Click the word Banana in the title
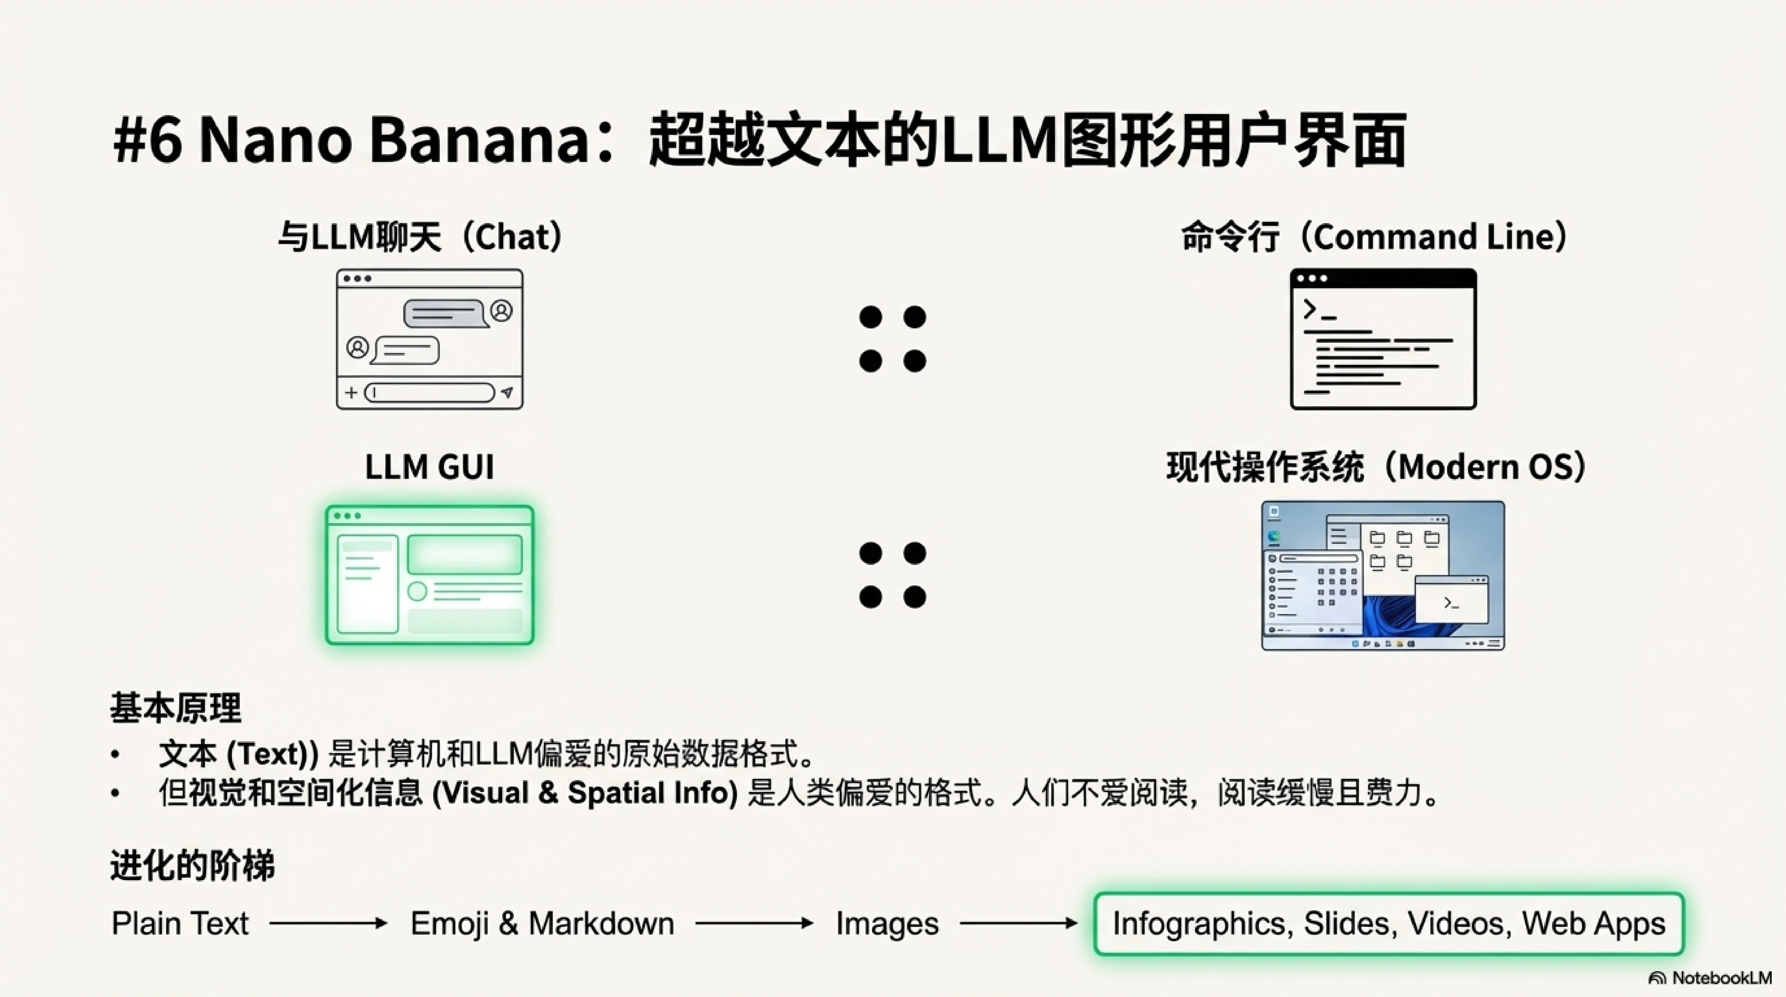[478, 141]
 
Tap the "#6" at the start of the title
[147, 141]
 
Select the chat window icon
[429, 339]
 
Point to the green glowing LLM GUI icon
[429, 575]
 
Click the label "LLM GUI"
[429, 467]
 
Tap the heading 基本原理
[175, 708]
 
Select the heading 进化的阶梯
[192, 865]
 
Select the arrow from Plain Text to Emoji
[328, 923]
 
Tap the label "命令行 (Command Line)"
[1374, 236]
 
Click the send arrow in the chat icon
[507, 393]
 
